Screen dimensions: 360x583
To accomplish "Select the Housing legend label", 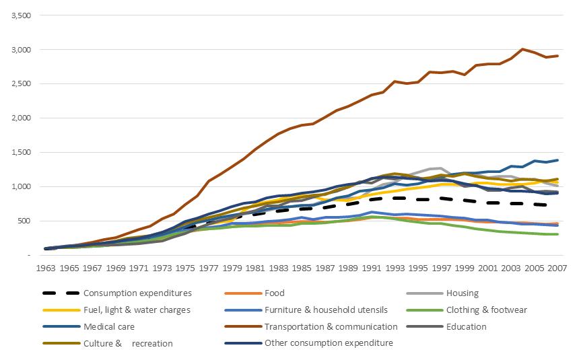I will coord(462,293).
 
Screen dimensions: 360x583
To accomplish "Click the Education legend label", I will coord(467,326).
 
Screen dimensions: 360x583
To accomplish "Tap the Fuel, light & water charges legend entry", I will coord(137,310).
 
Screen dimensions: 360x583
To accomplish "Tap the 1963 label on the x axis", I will coord(46,268).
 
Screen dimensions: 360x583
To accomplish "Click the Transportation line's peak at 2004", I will coord(522,49).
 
